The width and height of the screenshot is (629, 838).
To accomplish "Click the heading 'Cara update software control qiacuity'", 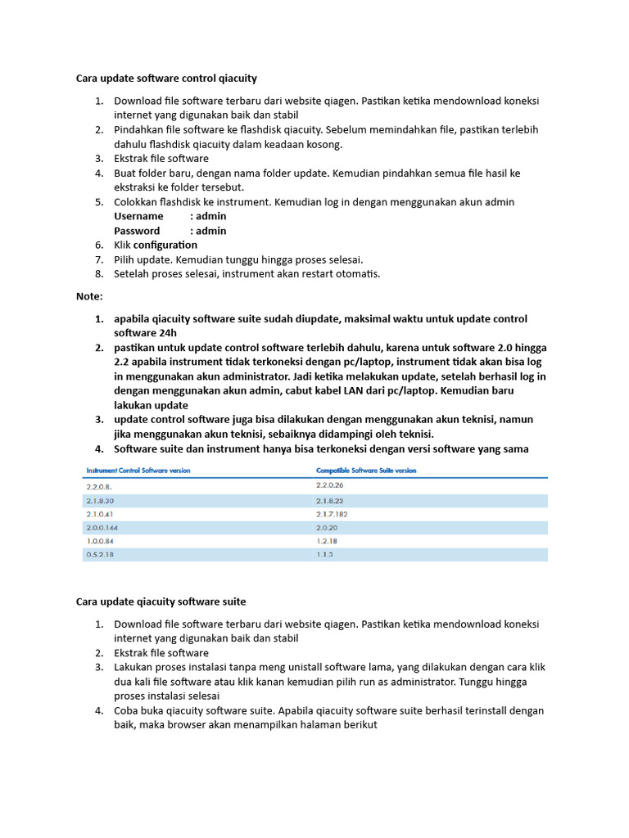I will (166, 79).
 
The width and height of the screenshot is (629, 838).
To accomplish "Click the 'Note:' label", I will (89, 295).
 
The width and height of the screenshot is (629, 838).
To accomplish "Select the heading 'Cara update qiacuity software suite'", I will (161, 601).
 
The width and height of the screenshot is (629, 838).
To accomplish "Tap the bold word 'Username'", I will (138, 216).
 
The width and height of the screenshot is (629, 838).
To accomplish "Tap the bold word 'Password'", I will (137, 231).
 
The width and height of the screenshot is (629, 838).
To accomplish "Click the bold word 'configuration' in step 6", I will (165, 245).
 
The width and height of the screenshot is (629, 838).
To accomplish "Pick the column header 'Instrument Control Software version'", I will (138, 471).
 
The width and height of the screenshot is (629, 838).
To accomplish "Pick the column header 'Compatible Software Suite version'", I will (366, 471).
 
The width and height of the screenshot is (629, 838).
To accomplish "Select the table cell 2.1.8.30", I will (100, 500).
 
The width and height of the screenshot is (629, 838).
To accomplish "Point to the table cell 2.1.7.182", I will (333, 513).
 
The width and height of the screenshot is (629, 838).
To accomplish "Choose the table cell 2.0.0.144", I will (102, 527).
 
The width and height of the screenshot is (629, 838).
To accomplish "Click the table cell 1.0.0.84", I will (100, 541).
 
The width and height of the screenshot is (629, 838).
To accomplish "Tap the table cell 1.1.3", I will (325, 555).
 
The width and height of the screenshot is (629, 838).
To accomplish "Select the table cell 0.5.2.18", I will (100, 555).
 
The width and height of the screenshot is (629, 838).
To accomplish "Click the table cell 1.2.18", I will (327, 541).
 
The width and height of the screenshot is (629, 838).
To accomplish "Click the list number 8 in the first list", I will (98, 273).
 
